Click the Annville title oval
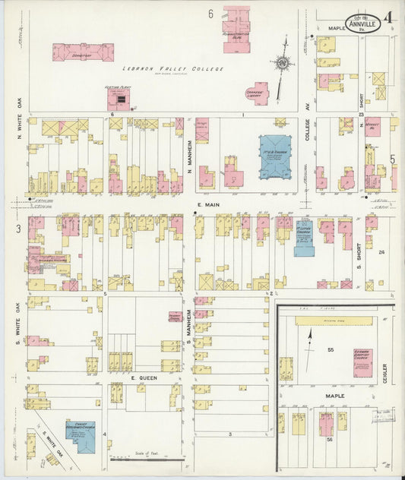point(362,23)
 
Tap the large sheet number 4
point(389,17)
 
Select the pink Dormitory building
point(83,52)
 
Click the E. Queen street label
point(143,377)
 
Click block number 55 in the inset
point(331,349)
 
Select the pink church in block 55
point(362,362)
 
